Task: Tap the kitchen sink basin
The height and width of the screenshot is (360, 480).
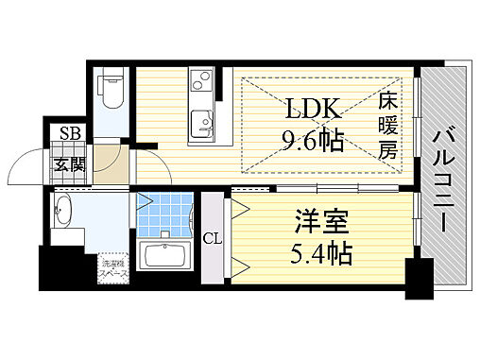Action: coord(199,123)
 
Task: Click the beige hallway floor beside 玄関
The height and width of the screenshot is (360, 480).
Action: coord(112,167)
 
